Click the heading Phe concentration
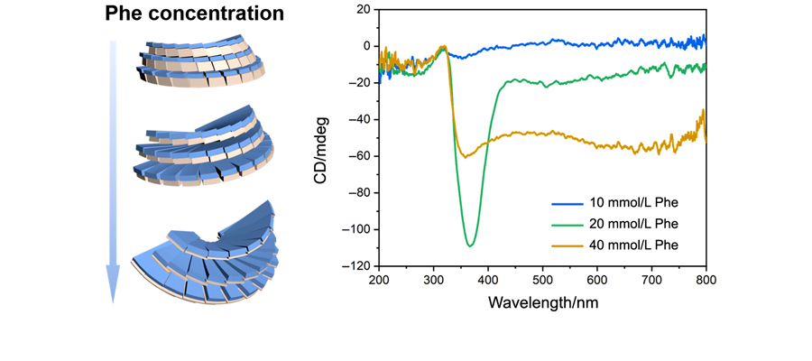tap(194, 14)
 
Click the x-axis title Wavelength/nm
tap(542, 302)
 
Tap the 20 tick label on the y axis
tap(362, 9)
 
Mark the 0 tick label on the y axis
tap(365, 46)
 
